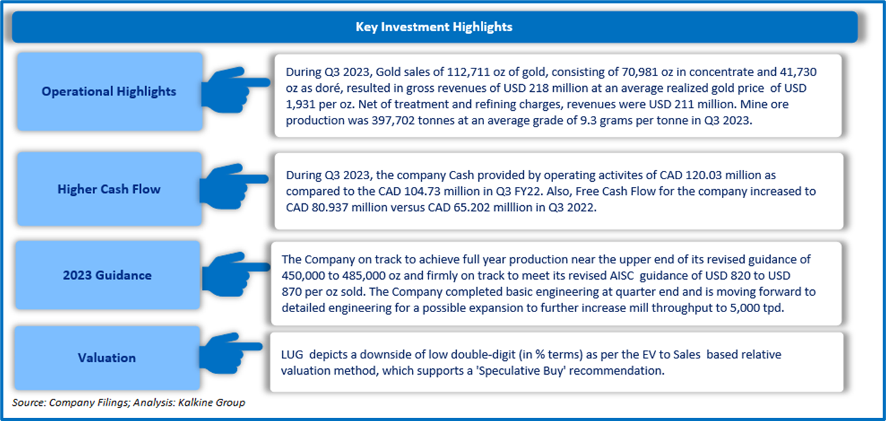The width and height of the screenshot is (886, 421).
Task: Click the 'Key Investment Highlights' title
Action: [434, 27]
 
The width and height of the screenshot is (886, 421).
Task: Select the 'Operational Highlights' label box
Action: [109, 91]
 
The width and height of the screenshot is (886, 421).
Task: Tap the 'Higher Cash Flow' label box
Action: [109, 189]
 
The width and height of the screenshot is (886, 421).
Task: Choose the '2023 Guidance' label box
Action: [107, 275]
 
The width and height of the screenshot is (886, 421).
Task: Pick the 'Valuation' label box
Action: [107, 358]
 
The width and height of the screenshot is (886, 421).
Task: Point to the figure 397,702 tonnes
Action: [413, 121]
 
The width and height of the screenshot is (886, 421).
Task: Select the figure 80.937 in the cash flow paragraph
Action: [330, 207]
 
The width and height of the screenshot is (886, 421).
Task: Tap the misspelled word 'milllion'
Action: [508, 207]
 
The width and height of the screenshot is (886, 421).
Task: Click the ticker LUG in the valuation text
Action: [292, 355]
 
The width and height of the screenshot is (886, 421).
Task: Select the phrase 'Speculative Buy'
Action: [521, 371]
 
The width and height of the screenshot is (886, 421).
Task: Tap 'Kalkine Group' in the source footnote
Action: [212, 402]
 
